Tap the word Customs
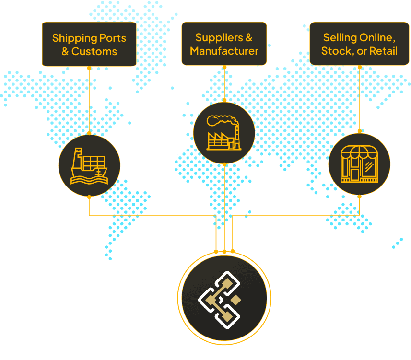[94, 51]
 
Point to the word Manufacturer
[224, 51]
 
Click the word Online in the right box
[377, 38]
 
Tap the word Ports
[113, 38]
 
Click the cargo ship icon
[89, 166]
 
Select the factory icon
[224, 133]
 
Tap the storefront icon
[359, 164]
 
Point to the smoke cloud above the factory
[222, 120]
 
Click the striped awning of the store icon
[359, 152]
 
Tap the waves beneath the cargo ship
[89, 180]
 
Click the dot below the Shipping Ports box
[89, 68]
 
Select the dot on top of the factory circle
[224, 100]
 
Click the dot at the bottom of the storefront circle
[359, 197]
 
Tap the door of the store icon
[354, 174]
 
